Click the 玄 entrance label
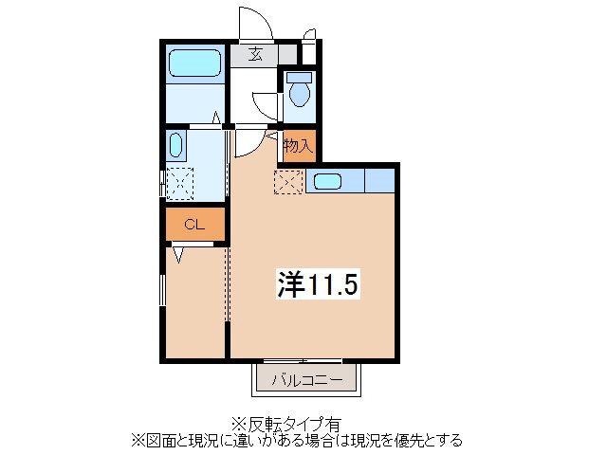tap(256, 54)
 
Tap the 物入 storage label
tap(297, 146)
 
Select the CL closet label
tap(193, 225)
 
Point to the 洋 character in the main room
tap(289, 283)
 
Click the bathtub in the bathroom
tap(194, 64)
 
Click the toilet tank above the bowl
tap(300, 77)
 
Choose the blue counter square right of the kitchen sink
tap(379, 180)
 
